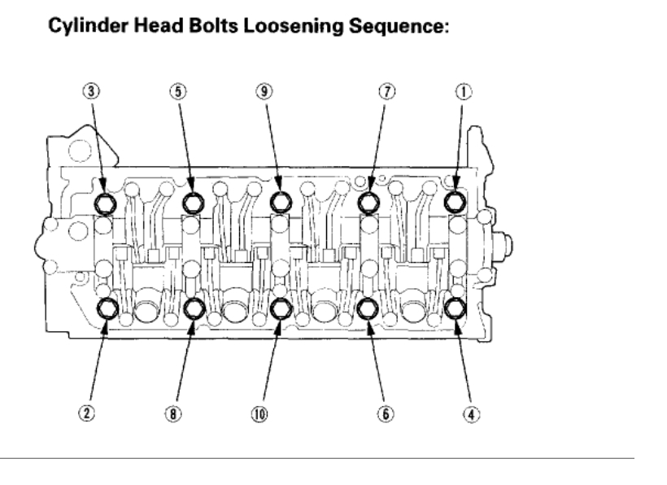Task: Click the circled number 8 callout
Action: tap(173, 413)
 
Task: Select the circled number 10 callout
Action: tap(260, 413)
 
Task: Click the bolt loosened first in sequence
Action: tap(455, 200)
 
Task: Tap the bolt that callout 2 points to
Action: tap(107, 308)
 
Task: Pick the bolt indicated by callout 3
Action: tap(105, 201)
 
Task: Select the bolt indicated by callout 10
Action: tap(281, 308)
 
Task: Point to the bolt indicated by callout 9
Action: tap(281, 201)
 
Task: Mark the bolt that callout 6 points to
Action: tap(367, 308)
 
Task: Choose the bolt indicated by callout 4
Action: tap(455, 308)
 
